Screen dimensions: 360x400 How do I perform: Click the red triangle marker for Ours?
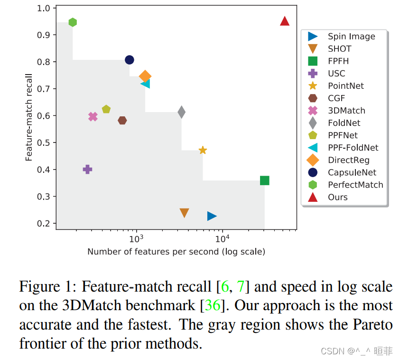tap(285, 21)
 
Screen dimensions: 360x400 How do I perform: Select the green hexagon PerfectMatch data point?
tap(73, 22)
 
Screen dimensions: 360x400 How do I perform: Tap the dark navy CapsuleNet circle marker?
tap(129, 60)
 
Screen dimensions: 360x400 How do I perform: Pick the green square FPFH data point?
tap(265, 180)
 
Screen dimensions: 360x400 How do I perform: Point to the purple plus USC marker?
tap(87, 169)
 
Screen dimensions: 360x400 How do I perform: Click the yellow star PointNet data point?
tap(203, 150)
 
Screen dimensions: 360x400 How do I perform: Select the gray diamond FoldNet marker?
tap(181, 112)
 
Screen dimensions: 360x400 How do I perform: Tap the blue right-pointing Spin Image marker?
tap(212, 216)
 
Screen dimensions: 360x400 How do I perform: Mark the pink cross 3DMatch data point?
tap(93, 117)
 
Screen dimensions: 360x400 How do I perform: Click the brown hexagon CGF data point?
tap(122, 121)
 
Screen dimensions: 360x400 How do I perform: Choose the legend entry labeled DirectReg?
tap(348, 160)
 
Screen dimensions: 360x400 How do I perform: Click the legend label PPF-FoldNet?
tap(353, 148)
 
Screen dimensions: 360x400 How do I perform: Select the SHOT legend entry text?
tap(339, 49)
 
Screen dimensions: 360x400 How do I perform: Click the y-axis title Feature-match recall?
tap(29, 117)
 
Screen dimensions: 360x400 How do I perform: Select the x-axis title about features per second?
tap(176, 252)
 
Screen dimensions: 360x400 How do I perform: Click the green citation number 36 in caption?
tap(213, 305)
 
